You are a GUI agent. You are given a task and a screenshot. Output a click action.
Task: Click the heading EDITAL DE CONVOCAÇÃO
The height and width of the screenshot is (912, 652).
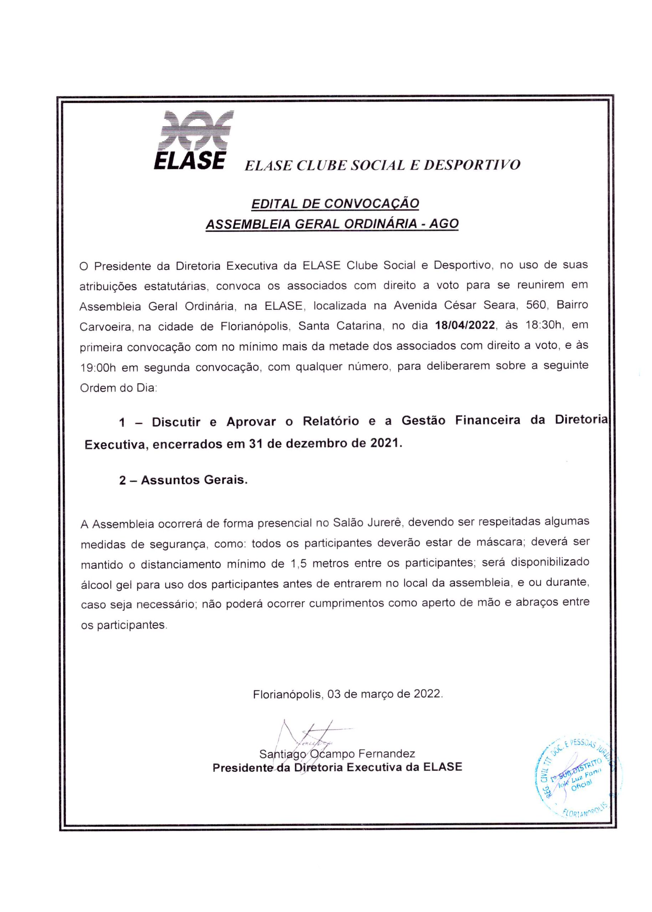click(x=335, y=203)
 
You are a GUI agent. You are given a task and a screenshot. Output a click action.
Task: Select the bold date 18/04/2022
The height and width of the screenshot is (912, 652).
click(x=465, y=325)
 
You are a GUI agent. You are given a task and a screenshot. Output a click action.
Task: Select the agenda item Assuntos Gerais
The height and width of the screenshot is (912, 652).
click(x=194, y=480)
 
